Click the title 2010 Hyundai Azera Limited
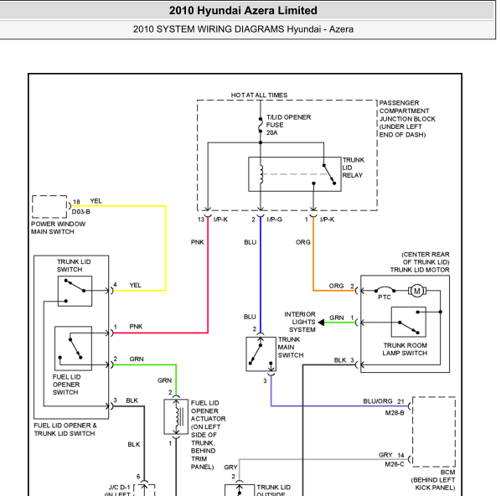click(x=243, y=11)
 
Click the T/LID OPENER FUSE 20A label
click(x=288, y=125)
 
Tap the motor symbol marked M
click(x=417, y=291)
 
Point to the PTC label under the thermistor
click(x=384, y=297)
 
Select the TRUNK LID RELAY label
click(x=353, y=168)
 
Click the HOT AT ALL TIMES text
click(x=259, y=96)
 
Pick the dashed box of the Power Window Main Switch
click(x=49, y=196)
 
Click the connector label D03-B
click(x=80, y=212)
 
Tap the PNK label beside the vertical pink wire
click(x=197, y=242)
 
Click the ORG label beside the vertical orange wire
click(x=303, y=242)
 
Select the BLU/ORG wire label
click(x=378, y=401)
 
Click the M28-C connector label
click(x=395, y=464)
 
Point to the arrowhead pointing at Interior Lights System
click(x=321, y=323)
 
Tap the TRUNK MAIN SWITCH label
click(x=291, y=348)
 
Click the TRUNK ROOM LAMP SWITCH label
click(x=405, y=349)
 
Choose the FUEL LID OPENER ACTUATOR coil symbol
click(x=177, y=416)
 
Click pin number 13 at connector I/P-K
click(x=201, y=220)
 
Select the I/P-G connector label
click(x=275, y=220)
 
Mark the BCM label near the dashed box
click(x=447, y=473)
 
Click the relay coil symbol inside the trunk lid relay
click(x=261, y=174)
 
